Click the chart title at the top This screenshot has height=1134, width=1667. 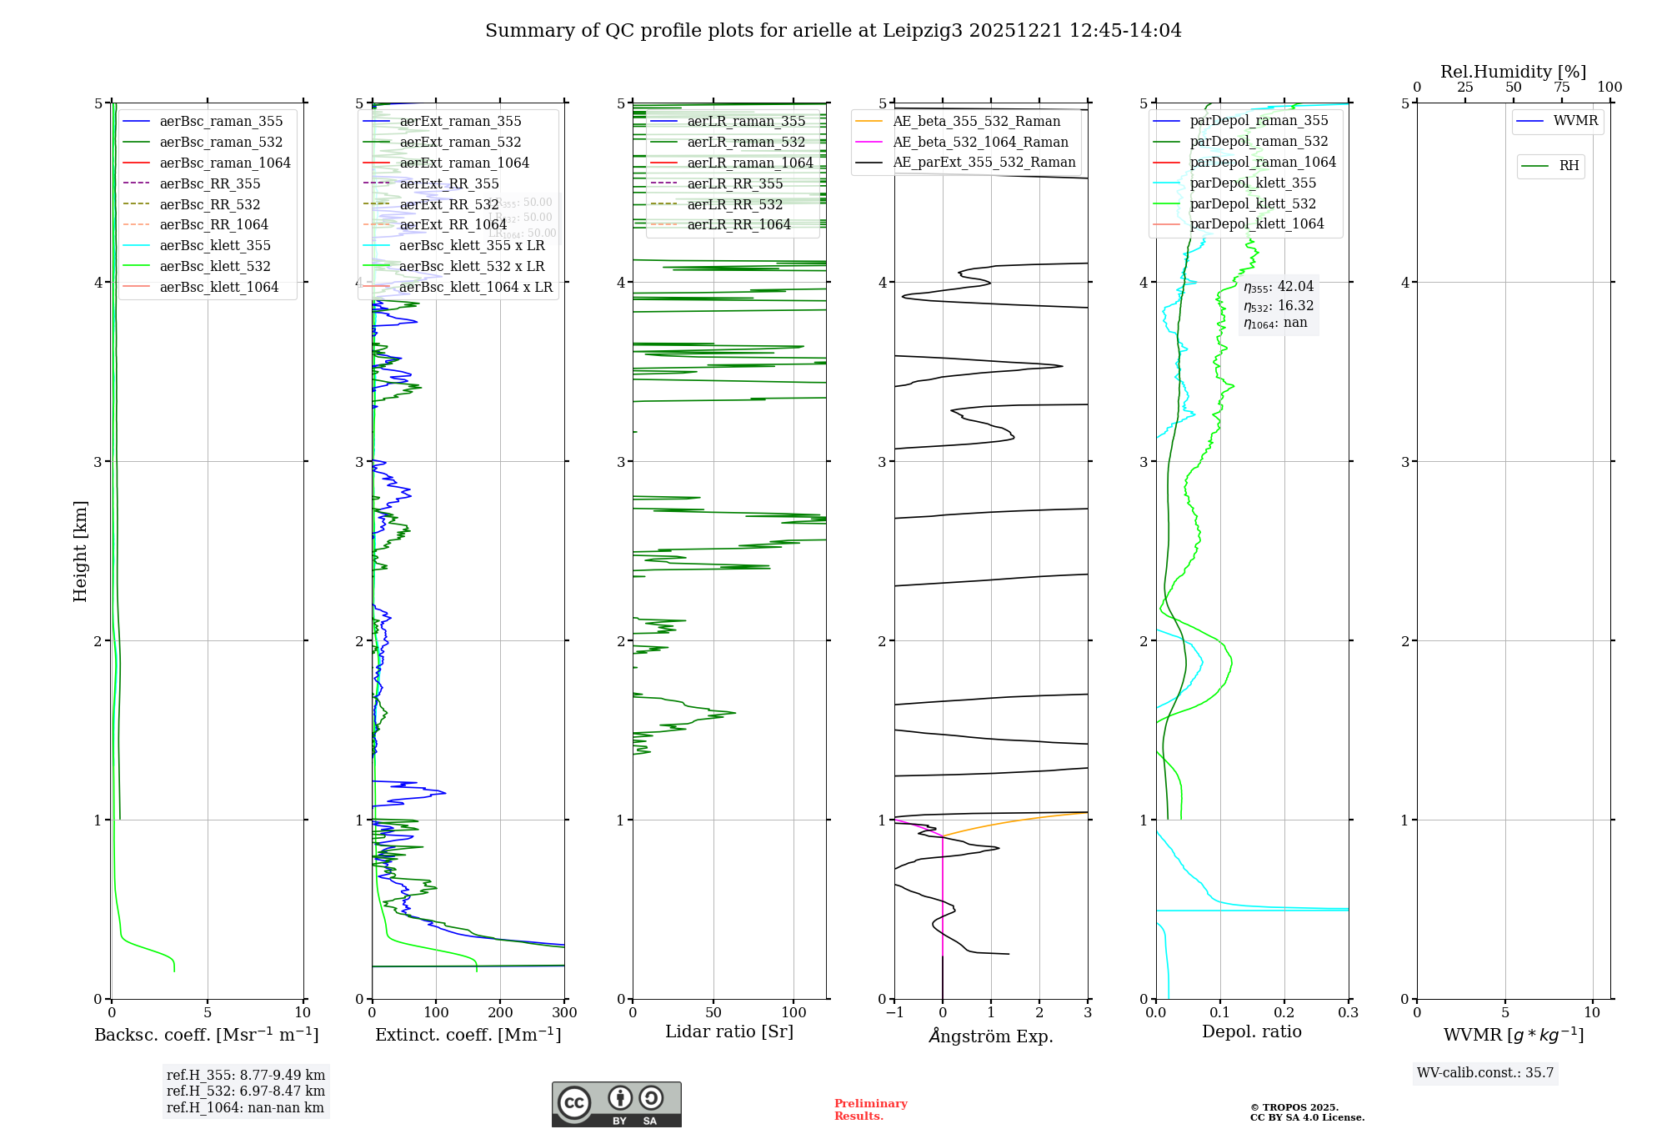pos(833,31)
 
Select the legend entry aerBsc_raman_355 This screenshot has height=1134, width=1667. pos(221,122)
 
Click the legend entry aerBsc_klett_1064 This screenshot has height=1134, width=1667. pos(218,287)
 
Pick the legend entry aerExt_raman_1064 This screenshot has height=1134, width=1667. pos(464,163)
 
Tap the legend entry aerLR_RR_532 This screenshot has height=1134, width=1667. pos(734,204)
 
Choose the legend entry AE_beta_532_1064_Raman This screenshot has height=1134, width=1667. pos(980,142)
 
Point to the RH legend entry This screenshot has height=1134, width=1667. pos(1569,166)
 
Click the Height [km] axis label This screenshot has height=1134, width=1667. pos(80,551)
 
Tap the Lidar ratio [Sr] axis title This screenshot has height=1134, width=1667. pos(729,1031)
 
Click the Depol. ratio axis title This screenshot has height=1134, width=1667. pos(1251,1031)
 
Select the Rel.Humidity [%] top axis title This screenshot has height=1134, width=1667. pos(1513,72)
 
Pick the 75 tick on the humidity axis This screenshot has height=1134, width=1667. pos(1561,88)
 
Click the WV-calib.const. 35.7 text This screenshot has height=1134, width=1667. pos(1485,1073)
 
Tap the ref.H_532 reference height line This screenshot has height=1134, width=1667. pos(246,1091)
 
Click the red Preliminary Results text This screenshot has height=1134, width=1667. pos(870,1110)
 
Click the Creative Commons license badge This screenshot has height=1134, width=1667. pos(616,1104)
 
